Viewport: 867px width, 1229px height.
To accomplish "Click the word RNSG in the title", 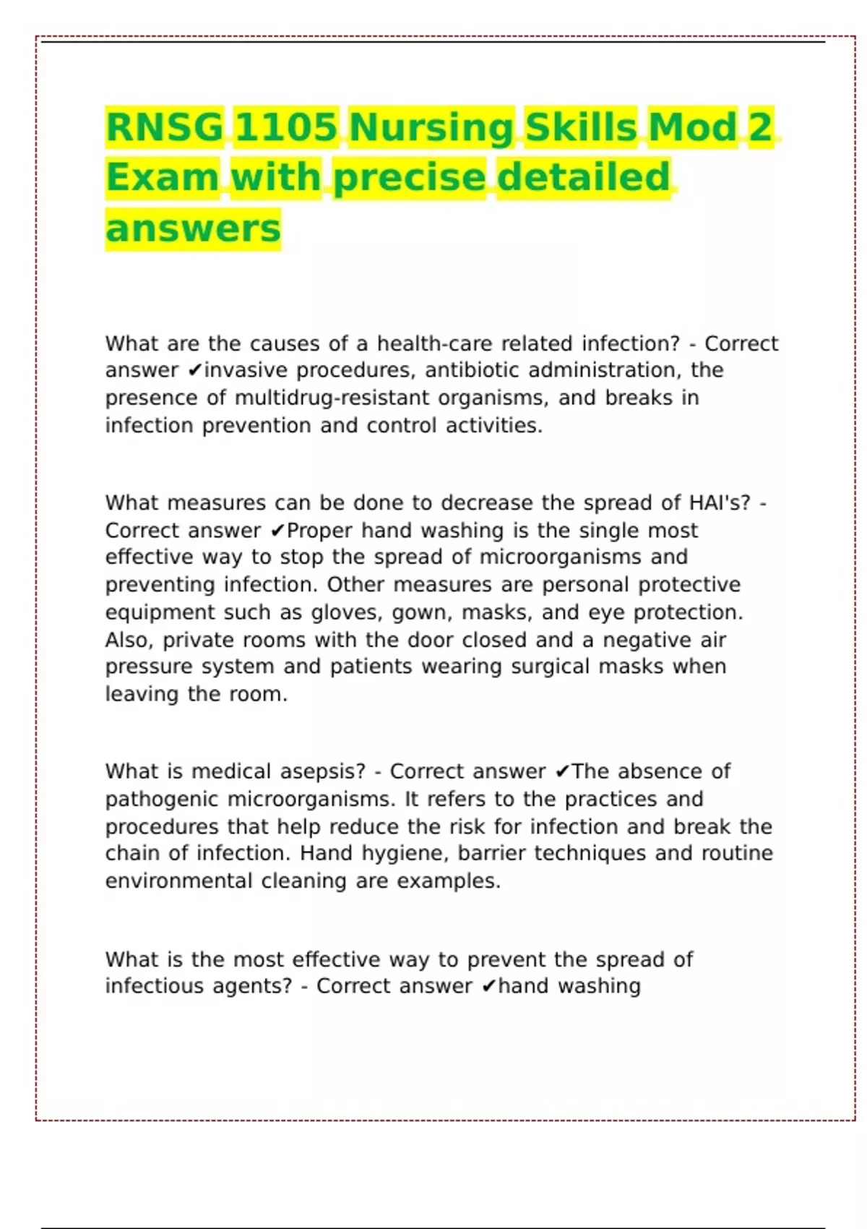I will tap(165, 127).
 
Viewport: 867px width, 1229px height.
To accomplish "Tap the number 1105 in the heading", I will tap(286, 127).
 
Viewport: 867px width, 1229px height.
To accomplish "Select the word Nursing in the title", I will tap(431, 127).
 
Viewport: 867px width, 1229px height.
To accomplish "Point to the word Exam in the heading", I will tap(163, 178).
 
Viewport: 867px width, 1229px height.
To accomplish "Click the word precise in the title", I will tap(410, 178).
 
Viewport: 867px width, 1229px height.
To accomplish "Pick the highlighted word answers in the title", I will tap(193, 229).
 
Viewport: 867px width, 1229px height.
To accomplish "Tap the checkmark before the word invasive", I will tap(194, 371).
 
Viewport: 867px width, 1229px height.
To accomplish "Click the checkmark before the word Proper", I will tap(277, 531).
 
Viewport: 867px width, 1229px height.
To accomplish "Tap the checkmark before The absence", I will tap(563, 772).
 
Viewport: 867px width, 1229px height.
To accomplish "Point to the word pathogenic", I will tap(162, 799).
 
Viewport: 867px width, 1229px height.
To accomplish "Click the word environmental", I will tap(178, 881).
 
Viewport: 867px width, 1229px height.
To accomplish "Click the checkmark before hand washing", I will tap(489, 987).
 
